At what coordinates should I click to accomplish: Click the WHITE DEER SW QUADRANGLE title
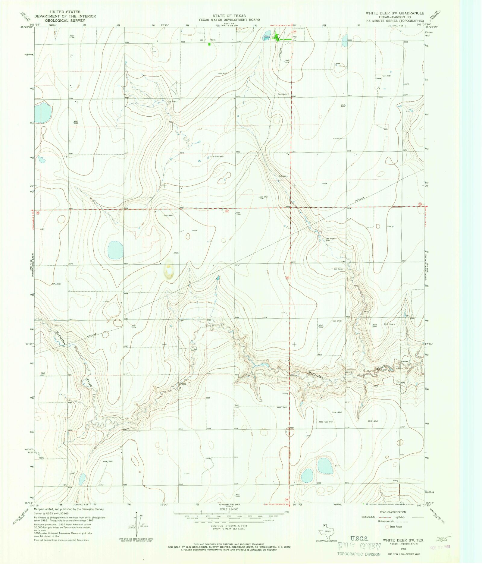coord(395,13)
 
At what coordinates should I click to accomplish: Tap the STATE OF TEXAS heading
coord(229,16)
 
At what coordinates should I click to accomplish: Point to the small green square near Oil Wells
coord(210,44)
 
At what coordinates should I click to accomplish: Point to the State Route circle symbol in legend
coord(387,527)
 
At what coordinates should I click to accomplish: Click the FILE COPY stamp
coord(359,547)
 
